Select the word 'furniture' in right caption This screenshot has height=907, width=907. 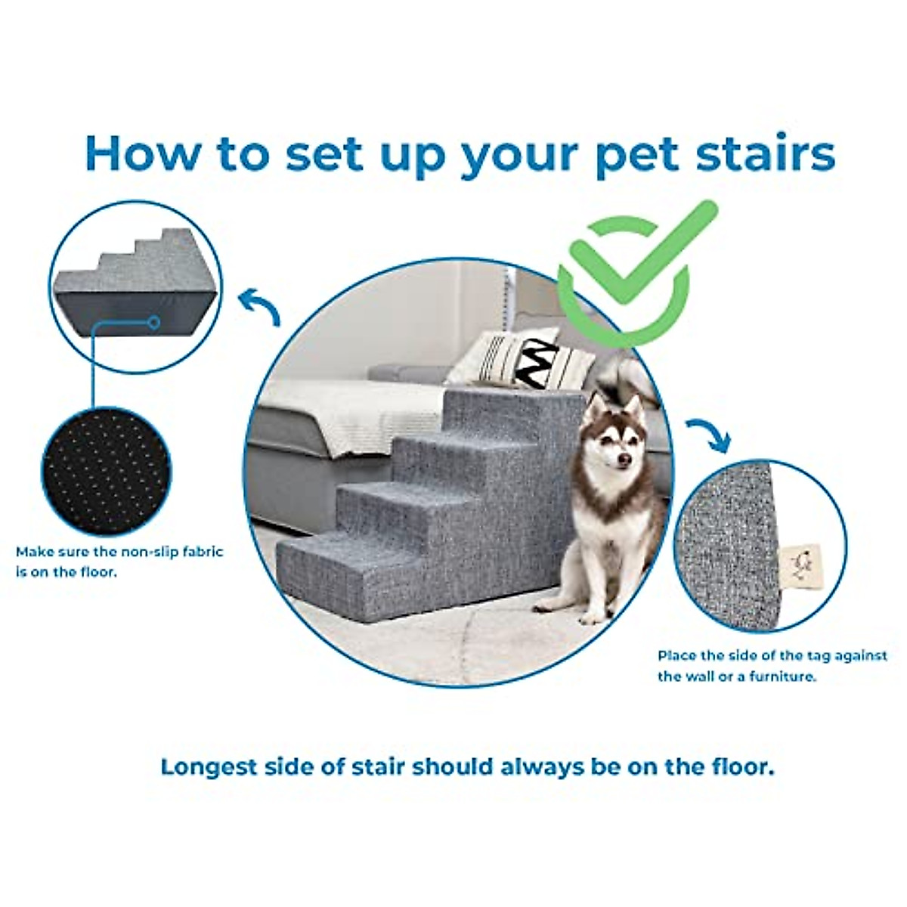(780, 676)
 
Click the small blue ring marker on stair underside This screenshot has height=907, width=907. (153, 323)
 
